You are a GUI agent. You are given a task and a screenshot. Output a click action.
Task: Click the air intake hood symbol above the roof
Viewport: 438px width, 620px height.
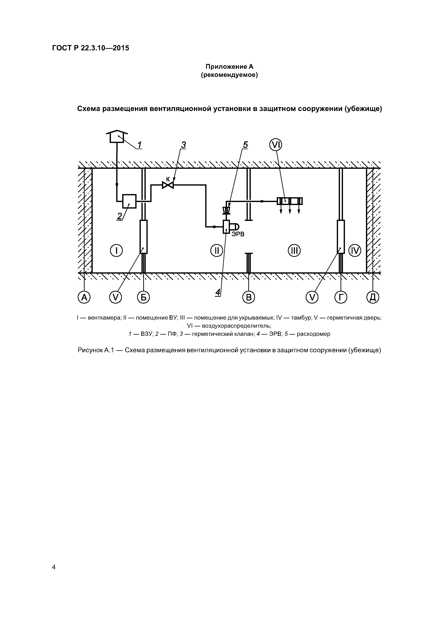coord(117,136)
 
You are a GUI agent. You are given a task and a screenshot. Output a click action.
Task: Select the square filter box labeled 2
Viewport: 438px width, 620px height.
coord(129,201)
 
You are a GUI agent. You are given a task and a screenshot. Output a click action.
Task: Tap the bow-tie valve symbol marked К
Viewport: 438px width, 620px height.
coord(168,185)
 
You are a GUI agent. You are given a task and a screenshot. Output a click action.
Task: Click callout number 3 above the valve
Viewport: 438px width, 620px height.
coord(183,145)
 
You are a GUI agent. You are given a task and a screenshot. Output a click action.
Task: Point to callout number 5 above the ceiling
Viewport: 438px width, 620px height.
coord(245,145)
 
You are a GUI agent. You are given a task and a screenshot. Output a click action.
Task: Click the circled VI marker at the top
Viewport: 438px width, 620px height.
coord(276,145)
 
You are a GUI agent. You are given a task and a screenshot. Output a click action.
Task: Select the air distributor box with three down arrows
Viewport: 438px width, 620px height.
coord(290,201)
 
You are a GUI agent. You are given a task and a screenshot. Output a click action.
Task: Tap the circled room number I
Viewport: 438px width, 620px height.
coord(116,251)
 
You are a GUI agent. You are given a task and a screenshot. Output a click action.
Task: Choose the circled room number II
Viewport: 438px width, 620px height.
coord(216,251)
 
